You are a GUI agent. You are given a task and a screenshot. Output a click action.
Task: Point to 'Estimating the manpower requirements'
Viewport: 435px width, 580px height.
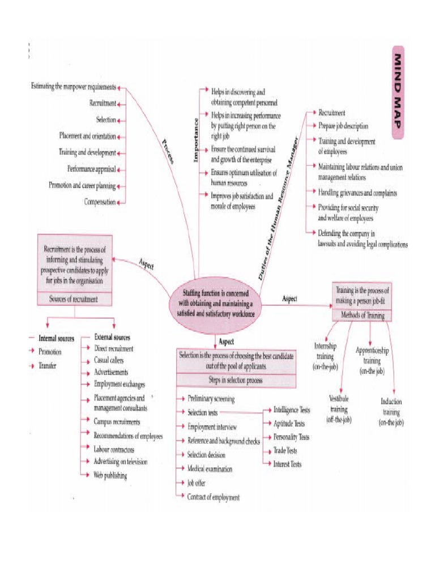coord(74,87)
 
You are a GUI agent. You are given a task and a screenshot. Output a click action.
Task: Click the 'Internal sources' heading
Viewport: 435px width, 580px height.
coord(56,338)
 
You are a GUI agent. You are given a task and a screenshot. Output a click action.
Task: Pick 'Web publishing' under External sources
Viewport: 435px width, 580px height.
coord(110,475)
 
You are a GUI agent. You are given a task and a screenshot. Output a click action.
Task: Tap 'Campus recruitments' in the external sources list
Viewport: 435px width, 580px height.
coord(117,421)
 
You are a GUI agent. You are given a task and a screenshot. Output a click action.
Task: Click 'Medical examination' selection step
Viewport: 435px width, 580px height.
coord(210,469)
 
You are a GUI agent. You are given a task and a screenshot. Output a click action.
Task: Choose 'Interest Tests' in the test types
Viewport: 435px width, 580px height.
coord(287,464)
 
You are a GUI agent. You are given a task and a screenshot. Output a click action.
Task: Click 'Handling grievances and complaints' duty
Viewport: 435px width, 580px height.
coord(357,193)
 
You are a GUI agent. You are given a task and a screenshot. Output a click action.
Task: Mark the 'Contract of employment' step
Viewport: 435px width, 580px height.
coord(214,497)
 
